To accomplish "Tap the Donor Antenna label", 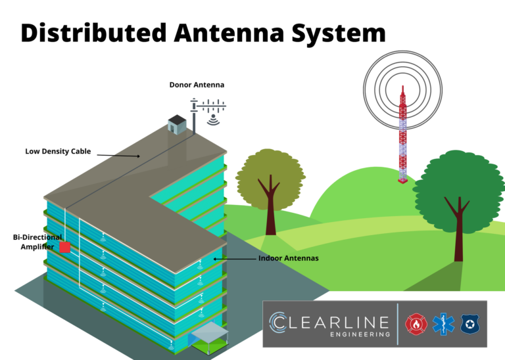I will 197,85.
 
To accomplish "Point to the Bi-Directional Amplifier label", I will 37,241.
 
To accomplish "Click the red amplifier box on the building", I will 65,248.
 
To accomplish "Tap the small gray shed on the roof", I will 177,124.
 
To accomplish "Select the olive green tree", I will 270,184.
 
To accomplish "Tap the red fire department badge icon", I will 416,324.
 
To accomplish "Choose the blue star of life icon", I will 441,324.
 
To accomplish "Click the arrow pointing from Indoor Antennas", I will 233,259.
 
